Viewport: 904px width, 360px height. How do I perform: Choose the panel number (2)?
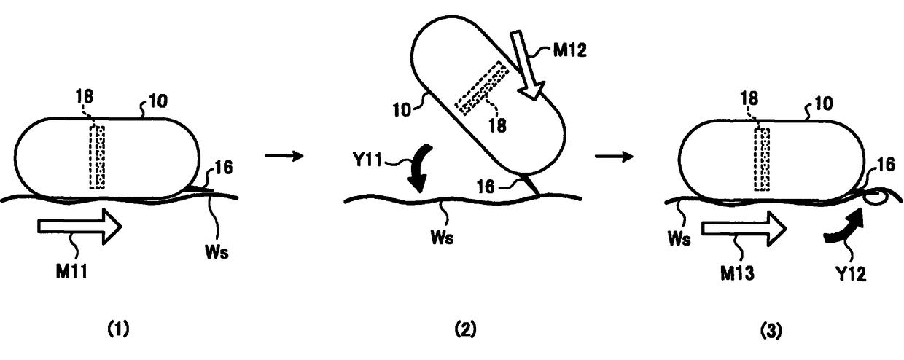tap(465, 329)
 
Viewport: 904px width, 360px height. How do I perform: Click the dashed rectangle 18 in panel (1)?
tap(96, 157)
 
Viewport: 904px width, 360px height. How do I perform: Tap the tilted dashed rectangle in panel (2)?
tap(482, 88)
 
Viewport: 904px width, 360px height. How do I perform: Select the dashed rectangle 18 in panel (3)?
tap(761, 159)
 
